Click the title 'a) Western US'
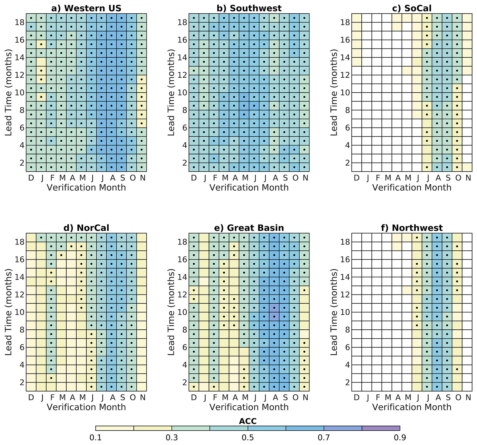click(86, 8)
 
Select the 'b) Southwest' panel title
click(249, 8)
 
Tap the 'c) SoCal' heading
click(412, 8)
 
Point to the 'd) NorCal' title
click(86, 228)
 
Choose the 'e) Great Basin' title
click(249, 228)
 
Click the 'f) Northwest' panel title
click(412, 228)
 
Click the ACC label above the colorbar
click(248, 421)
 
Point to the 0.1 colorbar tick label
click(96, 437)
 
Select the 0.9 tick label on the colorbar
click(400, 437)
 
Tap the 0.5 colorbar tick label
click(248, 437)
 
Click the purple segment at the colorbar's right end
click(381, 428)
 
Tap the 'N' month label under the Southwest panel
click(305, 178)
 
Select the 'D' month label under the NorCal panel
click(31, 397)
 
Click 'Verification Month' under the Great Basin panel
click(249, 407)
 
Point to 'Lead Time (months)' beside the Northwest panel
click(335, 312)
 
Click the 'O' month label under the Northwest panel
click(458, 397)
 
